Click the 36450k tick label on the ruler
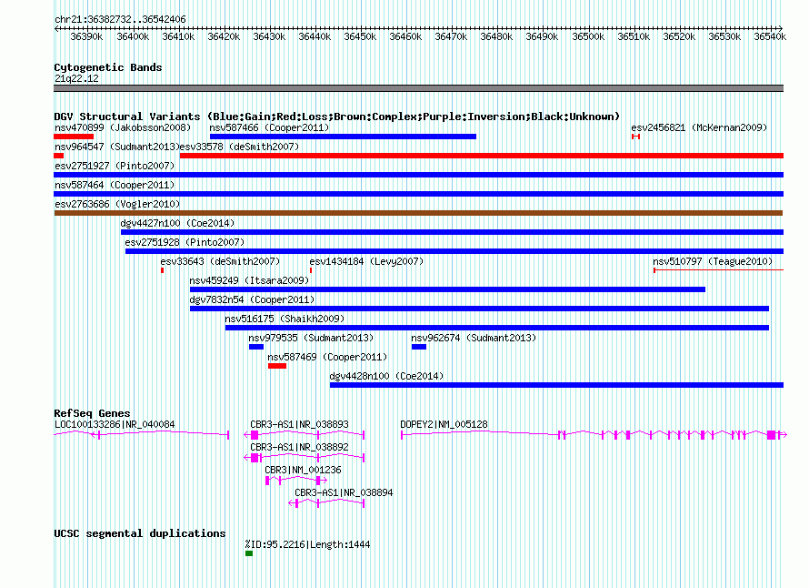coord(360,36)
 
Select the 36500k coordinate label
coord(588,36)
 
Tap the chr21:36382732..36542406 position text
coord(120,19)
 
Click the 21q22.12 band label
coord(76,78)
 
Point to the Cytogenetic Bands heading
coord(108,67)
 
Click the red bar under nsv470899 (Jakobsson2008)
coord(74,137)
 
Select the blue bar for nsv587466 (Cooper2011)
coord(343,137)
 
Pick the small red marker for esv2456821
coord(635,137)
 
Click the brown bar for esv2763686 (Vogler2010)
coord(418,213)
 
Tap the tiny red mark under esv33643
coord(162,270)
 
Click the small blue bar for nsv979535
coord(256,347)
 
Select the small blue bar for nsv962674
coord(419,347)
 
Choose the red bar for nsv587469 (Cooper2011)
coord(277,366)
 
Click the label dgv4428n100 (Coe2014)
coord(386,376)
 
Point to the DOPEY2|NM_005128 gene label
coord(444,424)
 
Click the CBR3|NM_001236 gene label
coord(303,470)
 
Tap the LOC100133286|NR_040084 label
coord(115,424)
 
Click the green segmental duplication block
coord(249,553)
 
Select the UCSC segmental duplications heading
coord(140,533)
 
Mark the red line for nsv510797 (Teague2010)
coord(718,270)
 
